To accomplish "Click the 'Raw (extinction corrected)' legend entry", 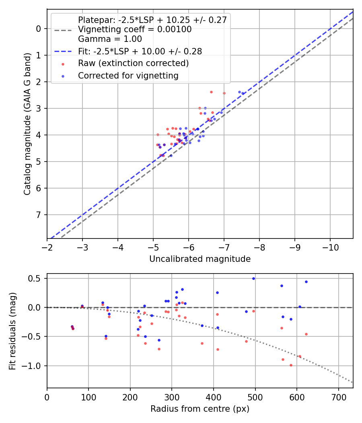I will coord(133,63).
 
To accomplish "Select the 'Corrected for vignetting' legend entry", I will coord(128,75).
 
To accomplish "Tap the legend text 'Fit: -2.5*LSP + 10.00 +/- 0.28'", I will coord(140,51).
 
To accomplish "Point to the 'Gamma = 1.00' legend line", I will coord(110,39).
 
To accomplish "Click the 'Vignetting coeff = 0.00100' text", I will coord(135,29).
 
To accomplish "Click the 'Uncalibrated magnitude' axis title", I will coord(200,259).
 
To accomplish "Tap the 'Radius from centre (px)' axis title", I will coord(200,409).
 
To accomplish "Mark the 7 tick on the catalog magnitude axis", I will coord(39,215).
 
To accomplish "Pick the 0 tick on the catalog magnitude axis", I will coord(39,29).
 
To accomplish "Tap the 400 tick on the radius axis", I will coord(214,397).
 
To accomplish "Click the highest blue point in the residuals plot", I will coord(253,278).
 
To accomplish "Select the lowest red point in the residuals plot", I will coord(291,365).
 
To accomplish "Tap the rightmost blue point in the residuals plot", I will coord(306,282).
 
